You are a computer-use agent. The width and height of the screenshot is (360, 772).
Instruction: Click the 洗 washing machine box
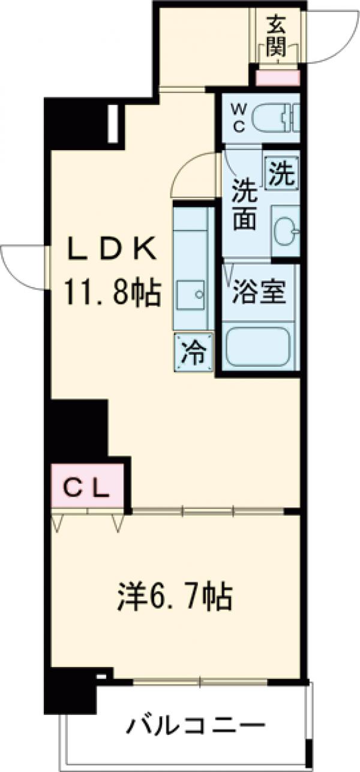(x=281, y=172)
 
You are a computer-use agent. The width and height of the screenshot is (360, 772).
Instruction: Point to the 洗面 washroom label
(x=245, y=206)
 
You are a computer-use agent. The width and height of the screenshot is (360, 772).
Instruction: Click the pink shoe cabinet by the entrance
(x=277, y=77)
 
